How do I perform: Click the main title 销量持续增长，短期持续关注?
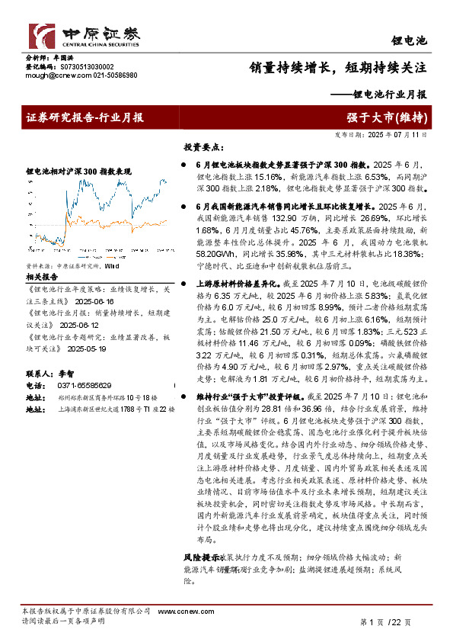point(338,67)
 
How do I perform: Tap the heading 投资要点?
point(202,146)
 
